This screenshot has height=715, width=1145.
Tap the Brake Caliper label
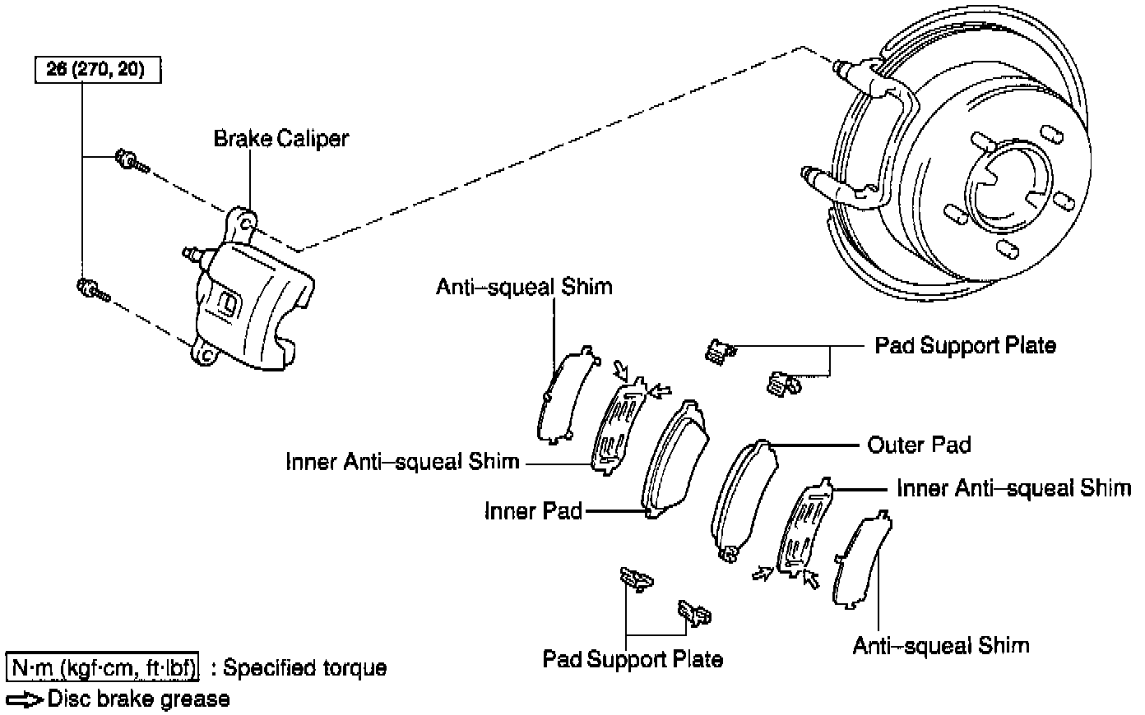[x=280, y=138]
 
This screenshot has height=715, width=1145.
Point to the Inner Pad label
[x=533, y=511]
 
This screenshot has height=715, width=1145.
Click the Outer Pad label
[x=919, y=445]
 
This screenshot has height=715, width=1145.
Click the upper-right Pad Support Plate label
[x=965, y=345]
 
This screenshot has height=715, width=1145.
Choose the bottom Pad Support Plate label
[x=633, y=658]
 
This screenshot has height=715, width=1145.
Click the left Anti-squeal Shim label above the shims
[x=524, y=287]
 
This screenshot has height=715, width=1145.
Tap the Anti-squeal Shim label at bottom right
[x=940, y=645]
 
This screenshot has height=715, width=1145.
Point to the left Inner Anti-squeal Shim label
[x=402, y=461]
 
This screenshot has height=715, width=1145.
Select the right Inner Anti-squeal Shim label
[x=1013, y=488]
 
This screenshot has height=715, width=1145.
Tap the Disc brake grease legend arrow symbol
[x=25, y=699]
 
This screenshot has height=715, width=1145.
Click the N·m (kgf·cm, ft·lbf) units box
[x=103, y=667]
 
